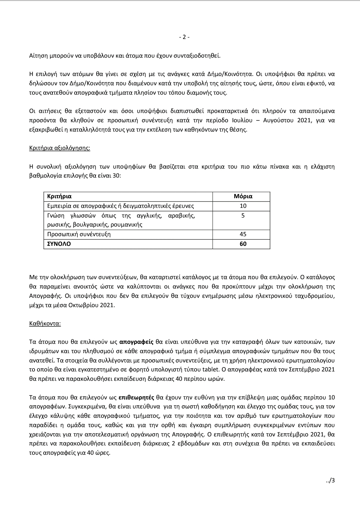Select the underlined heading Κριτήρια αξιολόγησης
[x=60, y=148]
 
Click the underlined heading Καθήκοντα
[x=45, y=323]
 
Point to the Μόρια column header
[x=243, y=196]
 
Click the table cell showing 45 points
[x=243, y=234]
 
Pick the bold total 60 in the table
[x=243, y=244]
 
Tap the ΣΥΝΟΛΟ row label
[x=59, y=244]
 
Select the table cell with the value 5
[x=243, y=216]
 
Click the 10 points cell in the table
[x=243, y=206]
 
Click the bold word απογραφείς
[x=136, y=342]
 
